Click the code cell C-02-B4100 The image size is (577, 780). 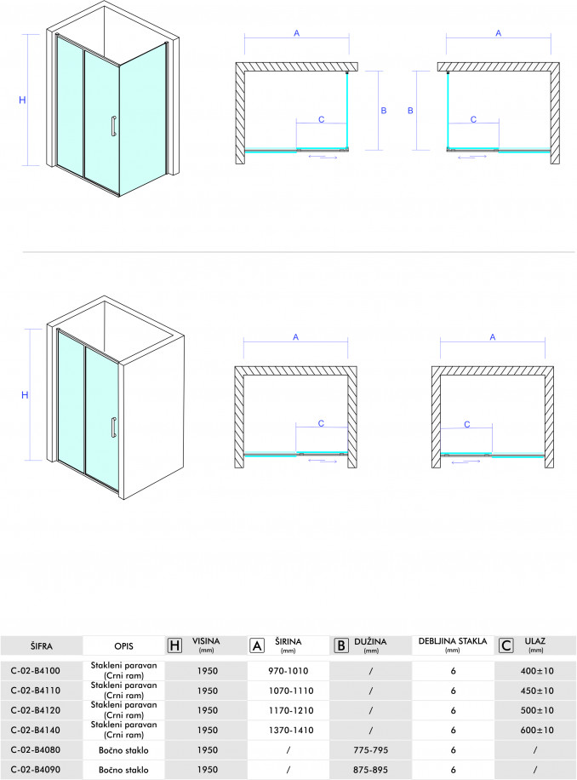35,670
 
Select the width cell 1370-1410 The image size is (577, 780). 291,731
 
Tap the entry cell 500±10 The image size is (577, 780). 537,710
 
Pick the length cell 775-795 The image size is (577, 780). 371,750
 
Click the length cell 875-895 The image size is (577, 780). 371,770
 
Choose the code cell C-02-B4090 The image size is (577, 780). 35,770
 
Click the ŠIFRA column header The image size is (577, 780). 41,646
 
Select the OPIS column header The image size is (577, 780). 123,646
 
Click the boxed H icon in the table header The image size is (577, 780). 174,645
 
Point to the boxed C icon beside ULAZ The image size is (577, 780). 506,645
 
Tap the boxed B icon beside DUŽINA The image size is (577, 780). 341,645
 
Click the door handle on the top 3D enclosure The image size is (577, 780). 114,125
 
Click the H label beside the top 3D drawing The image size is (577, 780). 22,100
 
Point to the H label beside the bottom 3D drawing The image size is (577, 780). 25,395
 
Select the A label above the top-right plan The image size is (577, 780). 499,33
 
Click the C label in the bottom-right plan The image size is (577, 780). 467,424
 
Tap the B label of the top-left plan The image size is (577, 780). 384,111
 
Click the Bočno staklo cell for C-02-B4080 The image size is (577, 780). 123,750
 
